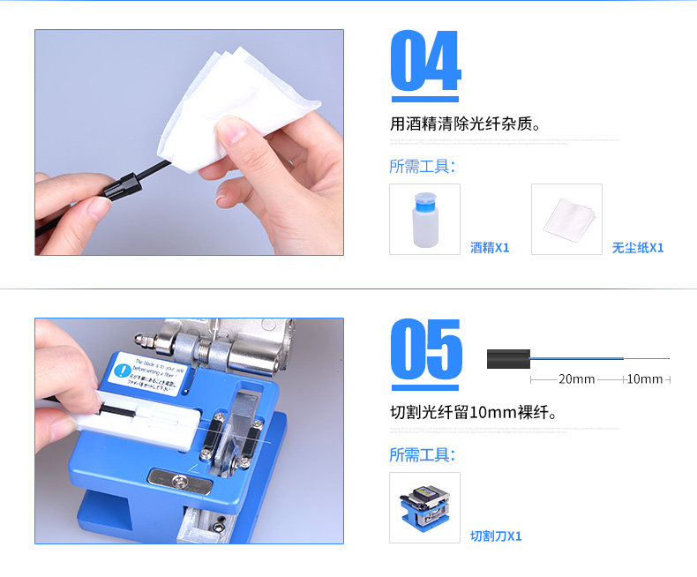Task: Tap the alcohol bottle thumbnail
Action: tap(424, 220)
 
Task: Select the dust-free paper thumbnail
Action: tap(566, 220)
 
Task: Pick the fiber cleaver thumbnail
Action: tap(424, 508)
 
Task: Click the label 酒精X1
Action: tap(490, 248)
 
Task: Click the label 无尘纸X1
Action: tap(637, 248)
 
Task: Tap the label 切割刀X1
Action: tap(495, 536)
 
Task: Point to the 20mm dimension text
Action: tap(576, 379)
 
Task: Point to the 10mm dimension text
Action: tap(644, 379)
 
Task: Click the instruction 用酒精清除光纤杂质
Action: tap(465, 124)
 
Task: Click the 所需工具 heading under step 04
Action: tap(422, 167)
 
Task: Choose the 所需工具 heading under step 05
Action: tap(422, 455)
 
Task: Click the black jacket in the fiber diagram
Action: tap(508, 358)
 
